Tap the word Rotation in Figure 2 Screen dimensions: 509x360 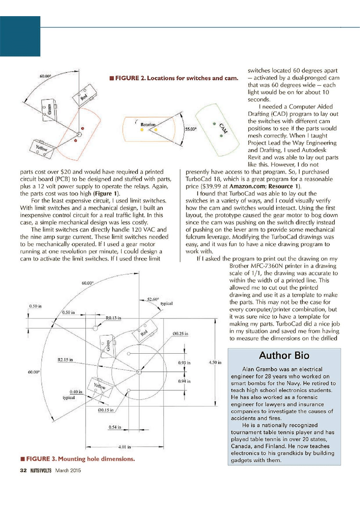pyautogui.click(x=148, y=125)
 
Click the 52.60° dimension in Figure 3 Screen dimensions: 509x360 pyautogui.click(x=153, y=299)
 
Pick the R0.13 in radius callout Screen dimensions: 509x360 pyautogui.click(x=114, y=318)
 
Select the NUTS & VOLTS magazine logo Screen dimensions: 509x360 pyautogui.click(x=39, y=470)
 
